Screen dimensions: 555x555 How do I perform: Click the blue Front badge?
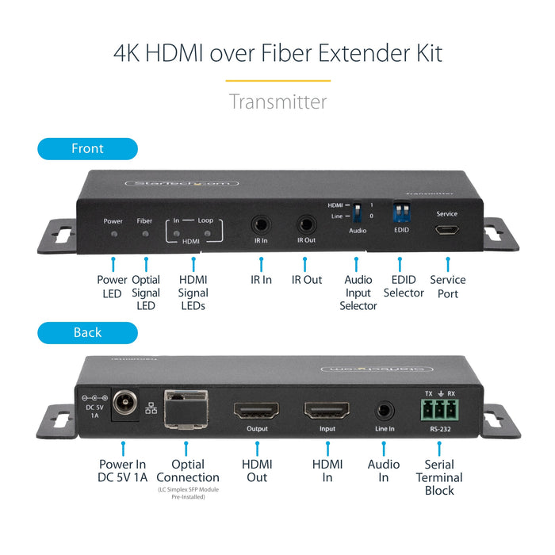[87, 149]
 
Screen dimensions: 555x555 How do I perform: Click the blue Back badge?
[87, 332]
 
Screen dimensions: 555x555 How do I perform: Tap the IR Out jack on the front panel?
[306, 224]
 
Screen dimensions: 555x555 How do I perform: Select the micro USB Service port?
[446, 231]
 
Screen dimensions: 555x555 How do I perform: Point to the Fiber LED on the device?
[144, 235]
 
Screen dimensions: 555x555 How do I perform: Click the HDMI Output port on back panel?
[257, 411]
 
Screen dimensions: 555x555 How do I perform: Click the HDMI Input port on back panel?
[326, 411]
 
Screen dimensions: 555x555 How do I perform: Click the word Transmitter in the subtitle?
[277, 101]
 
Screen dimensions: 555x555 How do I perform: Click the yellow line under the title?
[277, 80]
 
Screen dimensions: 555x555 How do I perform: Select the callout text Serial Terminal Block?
[439, 477]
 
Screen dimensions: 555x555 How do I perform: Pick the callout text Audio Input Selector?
[358, 293]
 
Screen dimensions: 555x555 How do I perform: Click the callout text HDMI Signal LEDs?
[193, 293]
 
